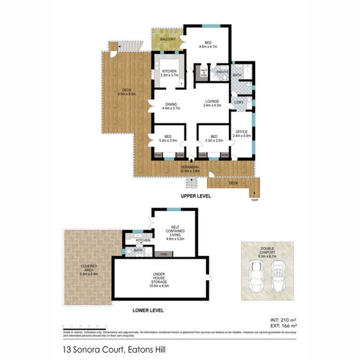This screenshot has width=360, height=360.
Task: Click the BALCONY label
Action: (166, 39)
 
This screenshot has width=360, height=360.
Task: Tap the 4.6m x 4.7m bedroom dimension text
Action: (208, 47)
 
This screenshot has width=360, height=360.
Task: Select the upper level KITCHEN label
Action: (169, 71)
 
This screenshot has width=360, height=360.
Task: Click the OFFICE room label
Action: (242, 131)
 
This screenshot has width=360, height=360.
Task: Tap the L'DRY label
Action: (238, 102)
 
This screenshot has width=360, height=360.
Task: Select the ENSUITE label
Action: (222, 72)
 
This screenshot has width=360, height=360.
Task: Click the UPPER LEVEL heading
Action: (196, 197)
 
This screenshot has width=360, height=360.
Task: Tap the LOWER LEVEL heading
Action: (148, 310)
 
